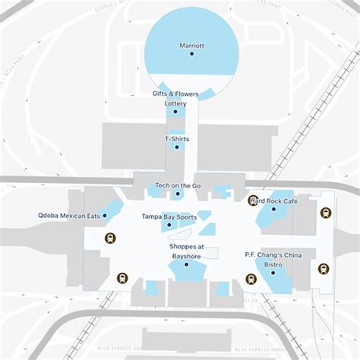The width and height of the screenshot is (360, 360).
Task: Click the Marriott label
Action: tap(191, 46)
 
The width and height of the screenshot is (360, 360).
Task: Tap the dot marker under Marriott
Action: tap(191, 54)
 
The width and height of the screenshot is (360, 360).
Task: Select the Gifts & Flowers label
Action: tap(175, 94)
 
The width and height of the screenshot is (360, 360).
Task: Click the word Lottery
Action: tap(175, 103)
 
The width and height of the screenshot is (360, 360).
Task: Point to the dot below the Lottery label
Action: tap(175, 112)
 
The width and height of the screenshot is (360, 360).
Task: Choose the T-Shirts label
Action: tap(177, 139)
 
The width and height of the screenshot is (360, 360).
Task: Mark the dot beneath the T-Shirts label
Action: tap(177, 147)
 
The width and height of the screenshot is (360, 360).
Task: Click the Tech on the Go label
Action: tap(178, 185)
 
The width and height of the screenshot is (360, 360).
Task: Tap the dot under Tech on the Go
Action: tap(178, 194)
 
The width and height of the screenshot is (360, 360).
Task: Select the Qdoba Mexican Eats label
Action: tap(69, 216)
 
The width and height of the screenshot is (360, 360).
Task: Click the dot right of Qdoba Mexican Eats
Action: tap(105, 216)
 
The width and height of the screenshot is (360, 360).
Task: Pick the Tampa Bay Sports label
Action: tap(169, 217)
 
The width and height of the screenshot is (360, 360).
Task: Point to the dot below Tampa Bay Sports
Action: tap(169, 226)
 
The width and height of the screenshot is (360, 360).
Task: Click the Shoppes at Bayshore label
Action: tap(187, 251)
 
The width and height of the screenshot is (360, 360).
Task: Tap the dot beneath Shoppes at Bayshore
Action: tap(187, 264)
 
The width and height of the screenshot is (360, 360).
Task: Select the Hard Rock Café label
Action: tap(275, 201)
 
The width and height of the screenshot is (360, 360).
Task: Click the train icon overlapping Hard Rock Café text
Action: tap(253, 201)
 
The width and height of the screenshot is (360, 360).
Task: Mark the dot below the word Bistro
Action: tap(273, 273)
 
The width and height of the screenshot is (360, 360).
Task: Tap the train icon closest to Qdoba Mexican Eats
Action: tap(111, 238)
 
